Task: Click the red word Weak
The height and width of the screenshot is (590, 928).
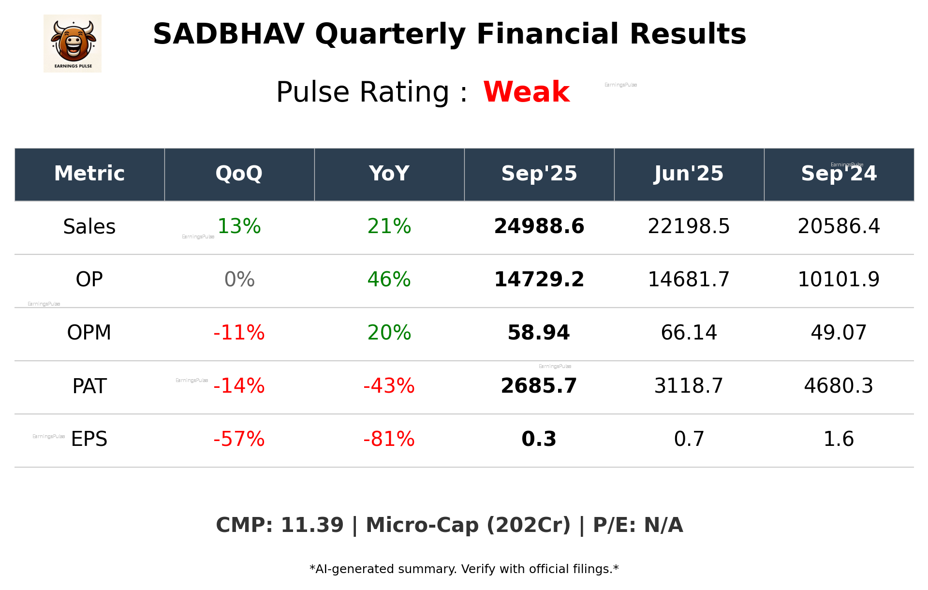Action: point(526,92)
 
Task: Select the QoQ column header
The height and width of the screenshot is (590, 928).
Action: point(239,174)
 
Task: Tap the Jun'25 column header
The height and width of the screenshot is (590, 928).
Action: point(689,174)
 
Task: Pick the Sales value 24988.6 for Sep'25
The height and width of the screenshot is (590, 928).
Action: point(539,226)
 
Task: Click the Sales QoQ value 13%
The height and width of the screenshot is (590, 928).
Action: point(239,226)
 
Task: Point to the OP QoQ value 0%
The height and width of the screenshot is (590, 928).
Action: point(239,280)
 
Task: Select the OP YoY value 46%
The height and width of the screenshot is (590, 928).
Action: point(389,280)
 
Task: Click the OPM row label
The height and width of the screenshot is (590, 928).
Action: point(89,333)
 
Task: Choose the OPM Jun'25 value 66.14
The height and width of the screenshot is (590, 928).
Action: point(689,333)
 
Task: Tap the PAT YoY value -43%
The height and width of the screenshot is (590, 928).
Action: point(389,386)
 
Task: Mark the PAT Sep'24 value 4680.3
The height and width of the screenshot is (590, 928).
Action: point(839,386)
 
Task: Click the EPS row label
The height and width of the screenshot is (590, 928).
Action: point(89,439)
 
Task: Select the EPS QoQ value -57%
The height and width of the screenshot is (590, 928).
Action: point(239,439)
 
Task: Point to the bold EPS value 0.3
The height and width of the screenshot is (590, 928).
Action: point(539,439)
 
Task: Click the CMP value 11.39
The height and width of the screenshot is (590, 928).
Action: point(312,525)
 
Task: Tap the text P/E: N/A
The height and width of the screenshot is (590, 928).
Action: point(637,525)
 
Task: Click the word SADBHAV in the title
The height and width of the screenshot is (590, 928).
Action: point(228,34)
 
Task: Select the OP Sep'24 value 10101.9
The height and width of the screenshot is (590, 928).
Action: point(839,280)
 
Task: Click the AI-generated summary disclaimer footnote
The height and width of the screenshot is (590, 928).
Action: point(464,569)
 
